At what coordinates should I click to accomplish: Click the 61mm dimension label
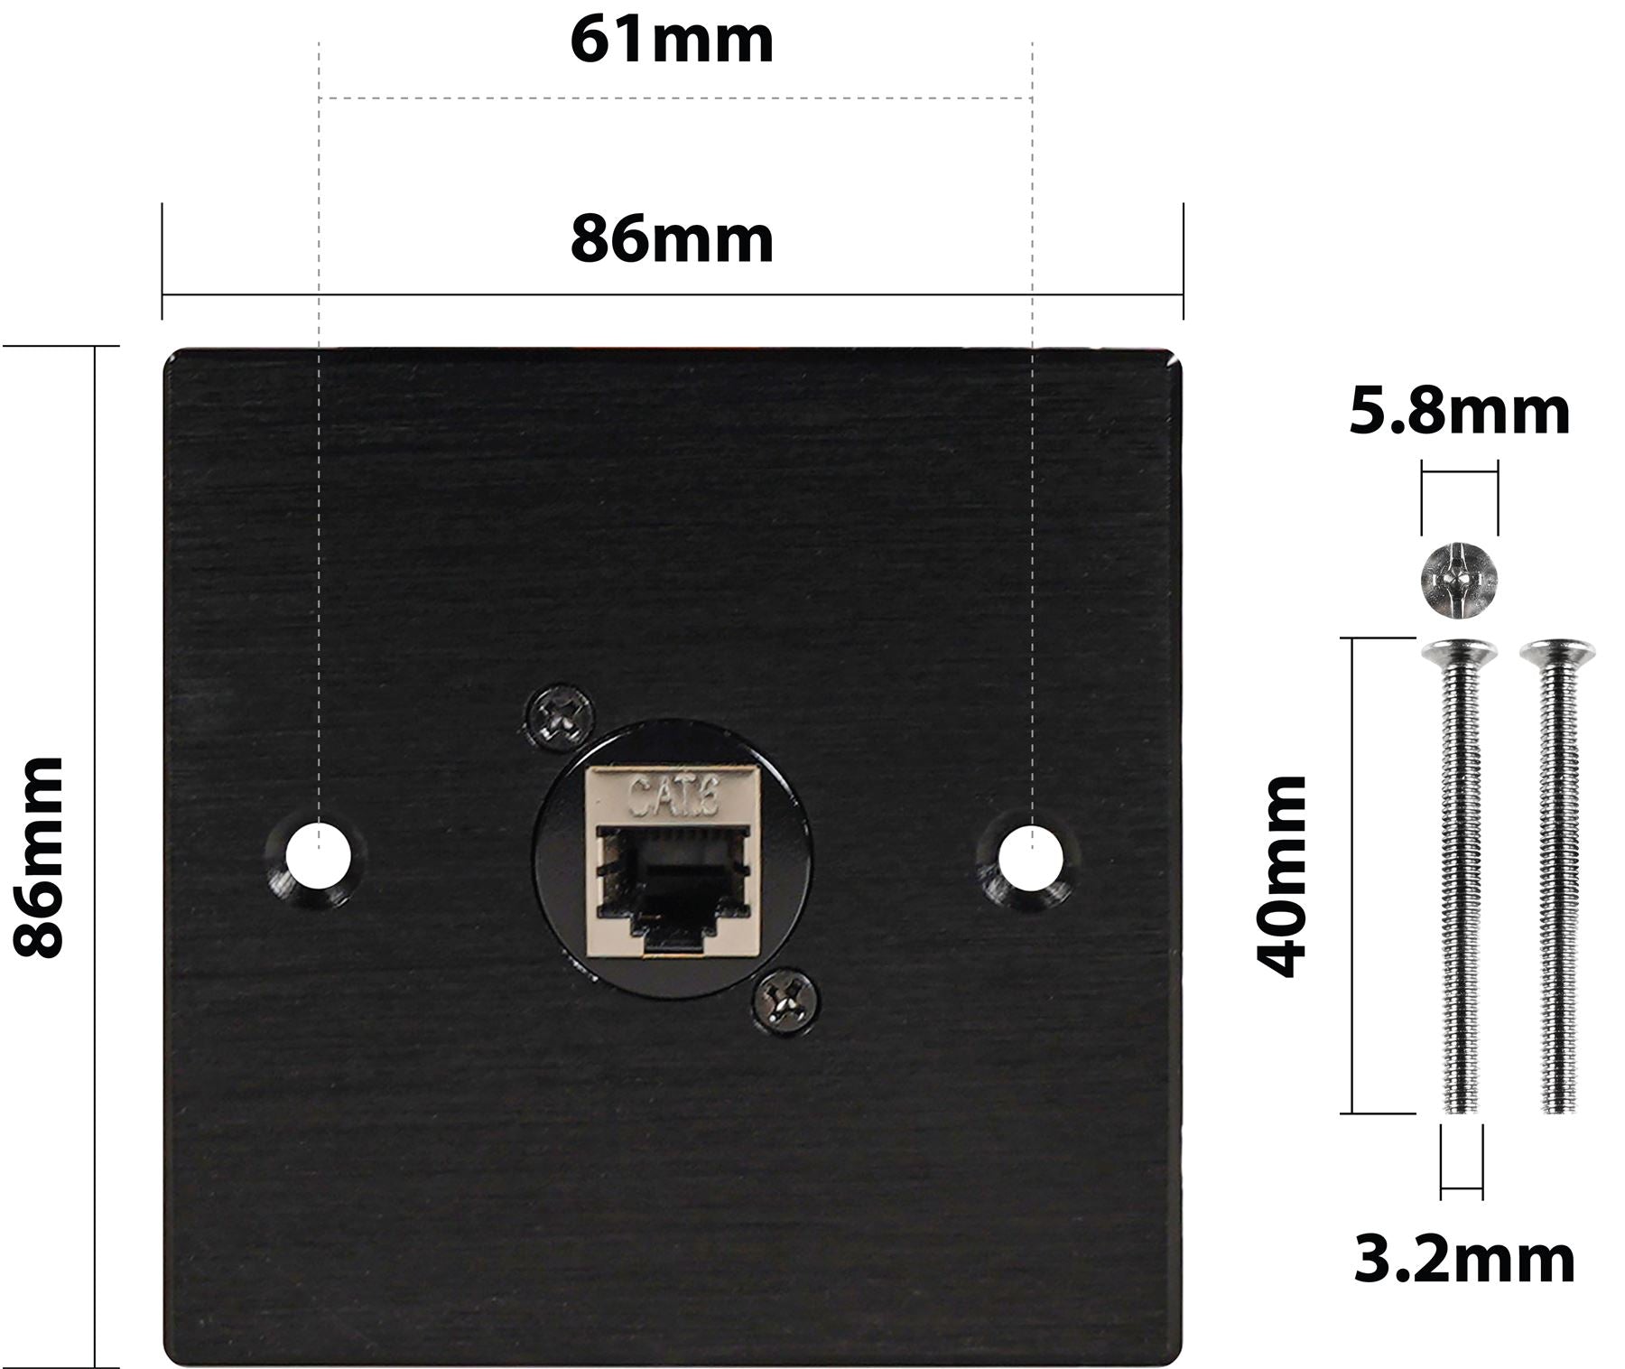point(672,41)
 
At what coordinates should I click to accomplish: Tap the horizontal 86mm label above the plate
point(672,240)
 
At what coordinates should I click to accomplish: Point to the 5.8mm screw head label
point(1460,412)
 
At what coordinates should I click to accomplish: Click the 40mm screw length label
point(1283,876)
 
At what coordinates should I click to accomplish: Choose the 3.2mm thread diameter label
point(1463,1260)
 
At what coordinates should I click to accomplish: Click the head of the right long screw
point(1557,651)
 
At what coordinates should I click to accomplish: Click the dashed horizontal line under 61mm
point(675,98)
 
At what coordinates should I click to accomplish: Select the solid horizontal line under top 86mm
point(672,293)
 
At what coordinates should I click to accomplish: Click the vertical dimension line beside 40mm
point(1351,876)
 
